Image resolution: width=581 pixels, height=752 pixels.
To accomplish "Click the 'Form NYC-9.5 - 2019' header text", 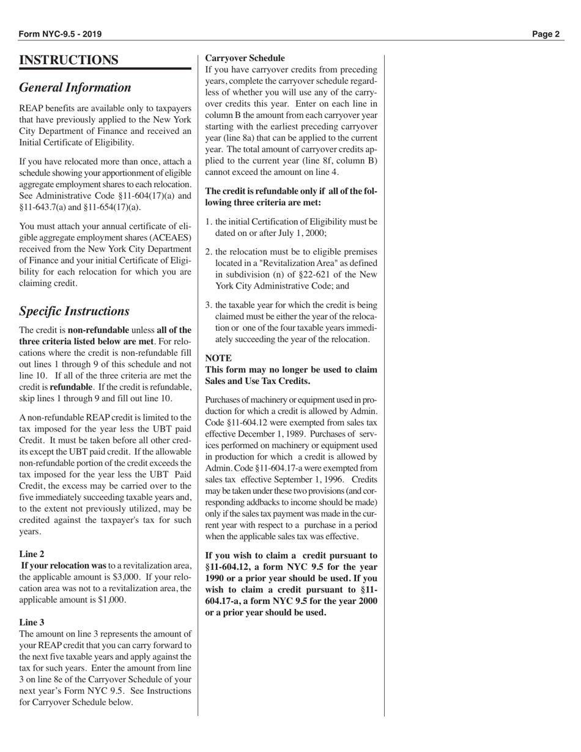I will click(61, 34).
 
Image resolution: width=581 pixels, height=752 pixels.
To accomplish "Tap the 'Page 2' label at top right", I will click(546, 34).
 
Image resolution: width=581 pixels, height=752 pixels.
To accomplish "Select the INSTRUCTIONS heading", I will click(69, 60).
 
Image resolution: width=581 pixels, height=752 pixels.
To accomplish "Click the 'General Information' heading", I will click(75, 87).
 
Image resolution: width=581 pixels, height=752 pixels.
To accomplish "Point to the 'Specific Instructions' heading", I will click(75, 311).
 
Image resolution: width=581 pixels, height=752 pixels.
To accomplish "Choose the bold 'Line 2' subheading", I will click(32, 554).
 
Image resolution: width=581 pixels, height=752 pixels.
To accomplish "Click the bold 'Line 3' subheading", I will click(32, 622).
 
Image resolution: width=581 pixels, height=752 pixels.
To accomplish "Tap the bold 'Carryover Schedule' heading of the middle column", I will click(245, 58).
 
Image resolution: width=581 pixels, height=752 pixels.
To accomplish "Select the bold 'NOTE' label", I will click(218, 358).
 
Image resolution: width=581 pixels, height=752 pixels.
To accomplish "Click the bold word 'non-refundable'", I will click(98, 330).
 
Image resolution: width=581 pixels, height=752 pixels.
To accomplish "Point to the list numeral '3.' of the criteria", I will click(209, 305).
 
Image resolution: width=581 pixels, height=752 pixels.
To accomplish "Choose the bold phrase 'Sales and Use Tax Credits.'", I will click(257, 381).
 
